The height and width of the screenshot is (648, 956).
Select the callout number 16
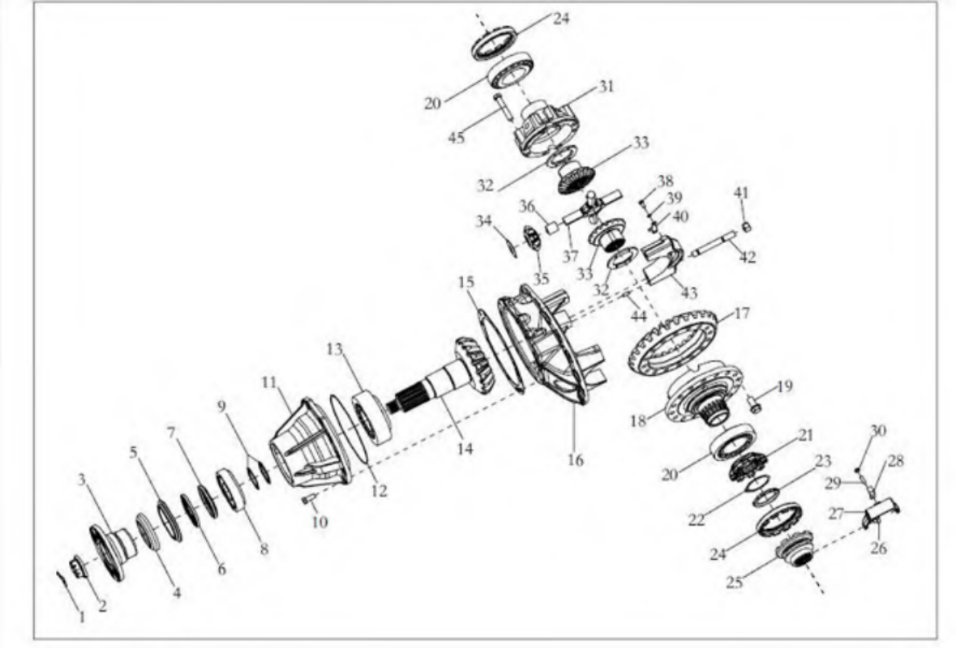(x=576, y=460)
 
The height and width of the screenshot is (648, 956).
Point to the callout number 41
(x=740, y=193)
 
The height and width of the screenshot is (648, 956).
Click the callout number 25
(x=735, y=581)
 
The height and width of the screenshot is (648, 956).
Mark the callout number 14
(x=465, y=449)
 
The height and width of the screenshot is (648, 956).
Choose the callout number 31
(x=606, y=87)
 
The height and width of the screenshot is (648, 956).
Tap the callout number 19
(x=784, y=387)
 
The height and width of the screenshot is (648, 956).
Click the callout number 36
(x=526, y=207)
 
